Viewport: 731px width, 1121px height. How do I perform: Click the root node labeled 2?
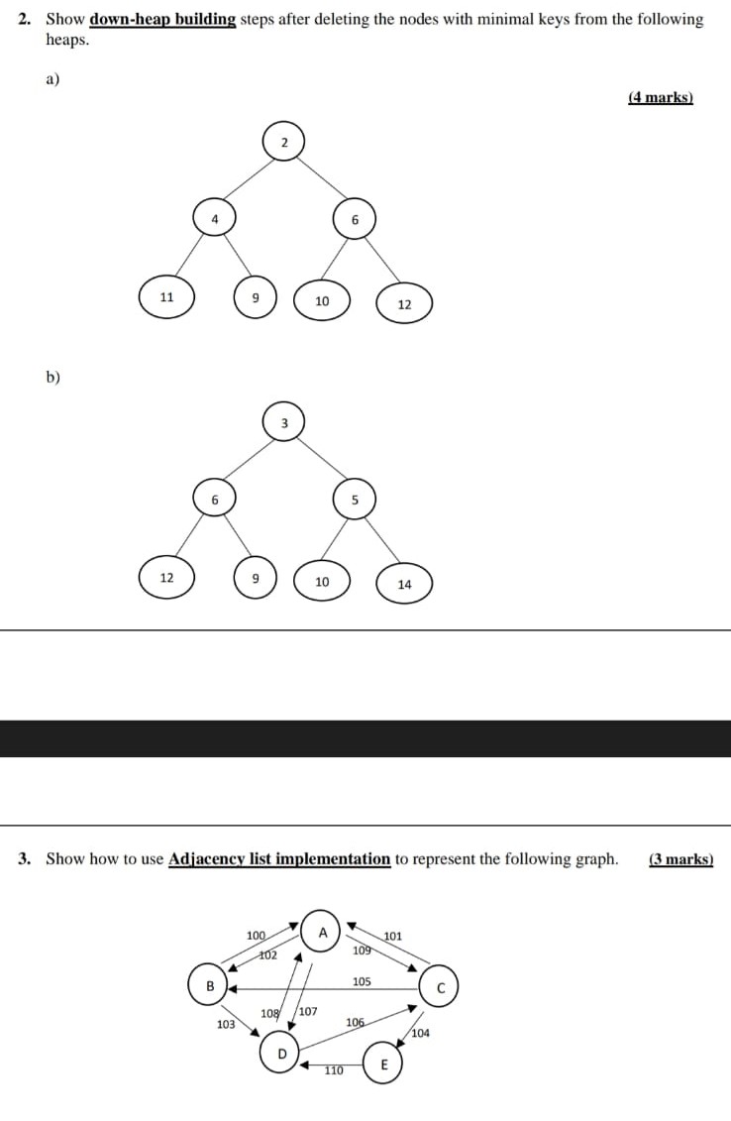point(283,143)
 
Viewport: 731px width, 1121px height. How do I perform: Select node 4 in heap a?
point(214,219)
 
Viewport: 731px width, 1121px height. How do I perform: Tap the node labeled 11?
point(166,297)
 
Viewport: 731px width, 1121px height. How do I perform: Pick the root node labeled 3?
point(283,423)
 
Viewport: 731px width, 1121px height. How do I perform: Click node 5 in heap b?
point(354,500)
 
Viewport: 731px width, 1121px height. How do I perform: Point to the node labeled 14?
point(404,584)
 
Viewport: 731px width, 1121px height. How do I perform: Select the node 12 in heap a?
point(404,304)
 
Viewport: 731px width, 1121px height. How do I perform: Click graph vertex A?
point(322,932)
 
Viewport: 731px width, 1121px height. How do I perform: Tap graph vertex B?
point(209,984)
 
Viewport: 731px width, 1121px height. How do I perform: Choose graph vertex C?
point(441,987)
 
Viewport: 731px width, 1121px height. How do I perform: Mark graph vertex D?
point(281,1053)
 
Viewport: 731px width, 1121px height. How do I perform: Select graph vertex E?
point(384,1065)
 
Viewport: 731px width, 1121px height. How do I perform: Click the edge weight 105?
point(362,981)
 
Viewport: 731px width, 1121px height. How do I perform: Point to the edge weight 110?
point(334,1070)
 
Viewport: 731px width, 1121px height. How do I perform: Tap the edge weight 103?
point(226,1024)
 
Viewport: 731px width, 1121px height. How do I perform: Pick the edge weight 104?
point(420,1033)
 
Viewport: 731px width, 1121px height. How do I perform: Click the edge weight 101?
point(392,936)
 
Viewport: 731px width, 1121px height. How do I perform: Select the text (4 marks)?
point(661,97)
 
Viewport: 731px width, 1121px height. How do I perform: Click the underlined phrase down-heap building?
point(162,19)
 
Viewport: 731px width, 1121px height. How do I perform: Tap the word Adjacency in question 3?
point(207,858)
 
